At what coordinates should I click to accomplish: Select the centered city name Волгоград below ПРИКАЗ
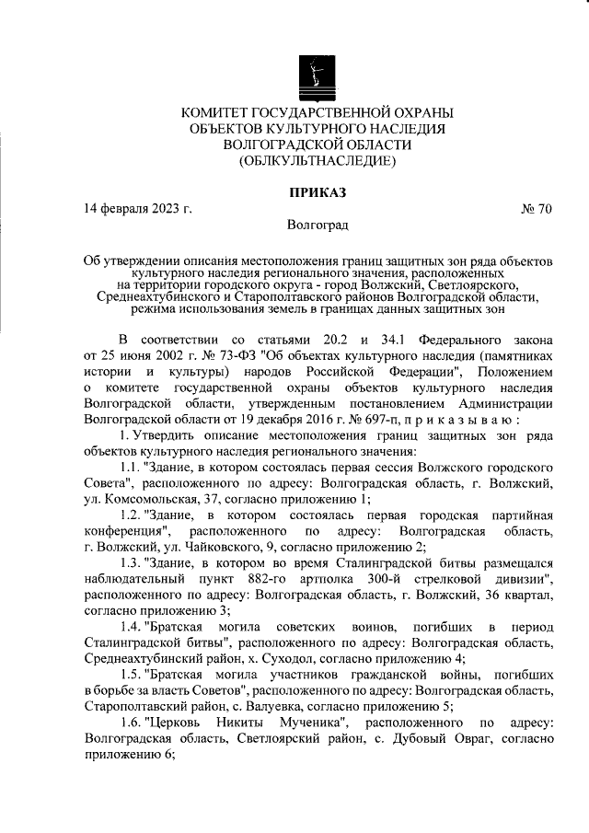pos(317,225)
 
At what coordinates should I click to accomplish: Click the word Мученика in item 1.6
pos(311,723)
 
